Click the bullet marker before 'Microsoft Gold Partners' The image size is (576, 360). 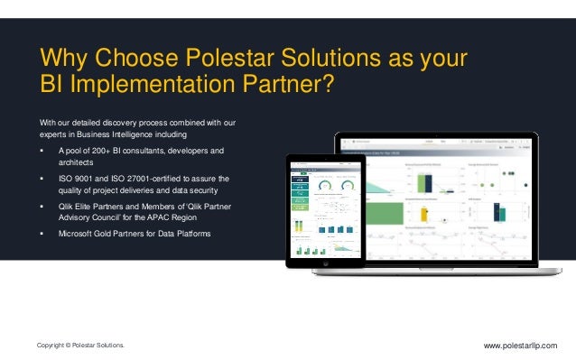tap(42, 235)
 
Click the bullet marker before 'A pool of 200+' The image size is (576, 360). tap(42, 150)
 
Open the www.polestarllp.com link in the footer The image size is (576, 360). tap(521, 346)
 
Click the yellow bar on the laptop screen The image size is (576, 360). tap(423, 213)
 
